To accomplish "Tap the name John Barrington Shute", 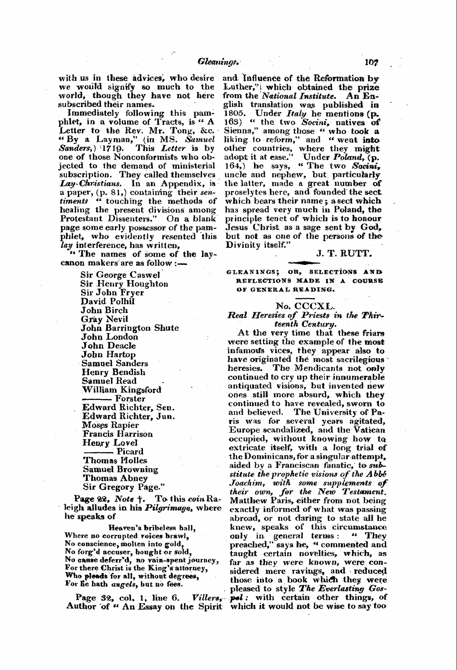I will click(x=130, y=328).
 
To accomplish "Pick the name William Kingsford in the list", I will click(x=121, y=390).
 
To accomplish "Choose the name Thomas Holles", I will click(x=115, y=461).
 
